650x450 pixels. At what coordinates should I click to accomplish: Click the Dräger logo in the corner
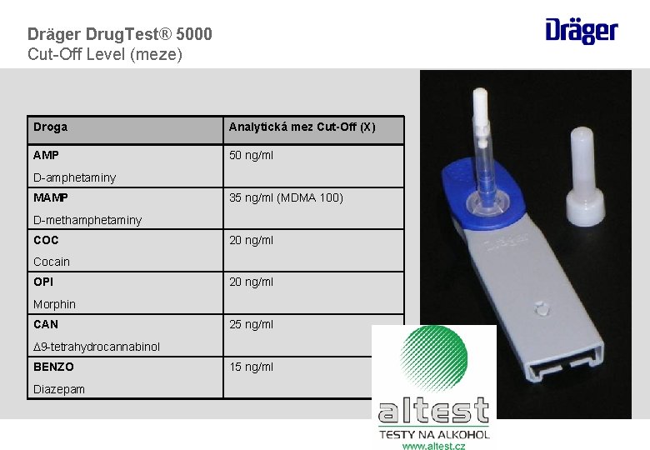[582, 31]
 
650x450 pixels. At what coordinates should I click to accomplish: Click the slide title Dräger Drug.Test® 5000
[120, 34]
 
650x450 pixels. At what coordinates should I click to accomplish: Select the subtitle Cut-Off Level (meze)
[105, 55]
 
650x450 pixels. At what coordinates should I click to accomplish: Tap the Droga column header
[51, 127]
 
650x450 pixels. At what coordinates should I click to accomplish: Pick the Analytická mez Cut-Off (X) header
[302, 127]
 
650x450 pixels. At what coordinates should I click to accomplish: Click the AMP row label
[47, 155]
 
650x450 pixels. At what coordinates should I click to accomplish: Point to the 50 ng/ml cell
[251, 155]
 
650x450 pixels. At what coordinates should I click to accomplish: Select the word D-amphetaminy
[74, 177]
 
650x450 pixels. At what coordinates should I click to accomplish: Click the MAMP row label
[51, 197]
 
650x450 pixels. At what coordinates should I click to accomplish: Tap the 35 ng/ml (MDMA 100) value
[286, 197]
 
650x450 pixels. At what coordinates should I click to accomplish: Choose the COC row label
[46, 240]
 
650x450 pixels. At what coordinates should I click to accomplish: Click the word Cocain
[52, 262]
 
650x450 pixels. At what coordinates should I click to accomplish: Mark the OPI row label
[43, 282]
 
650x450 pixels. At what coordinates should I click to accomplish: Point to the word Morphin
[54, 304]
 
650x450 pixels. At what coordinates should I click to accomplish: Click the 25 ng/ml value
[251, 324]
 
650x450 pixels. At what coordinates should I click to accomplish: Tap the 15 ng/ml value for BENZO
[251, 367]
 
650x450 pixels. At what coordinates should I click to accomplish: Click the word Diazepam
[59, 389]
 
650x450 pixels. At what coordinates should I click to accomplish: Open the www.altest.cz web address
[433, 446]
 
